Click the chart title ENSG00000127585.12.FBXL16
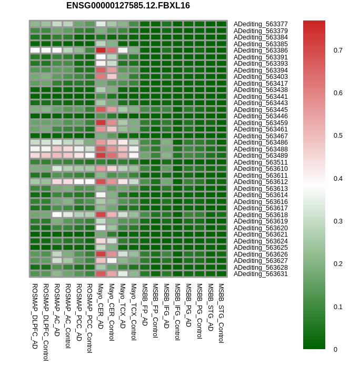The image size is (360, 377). coord(128,6)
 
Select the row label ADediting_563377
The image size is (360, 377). coord(261,24)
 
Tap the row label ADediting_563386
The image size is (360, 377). coord(261,50)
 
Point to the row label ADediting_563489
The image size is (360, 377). coord(261,156)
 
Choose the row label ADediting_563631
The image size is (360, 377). coord(261,274)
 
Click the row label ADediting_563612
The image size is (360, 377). coord(261,182)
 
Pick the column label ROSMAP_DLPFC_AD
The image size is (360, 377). coord(35,316)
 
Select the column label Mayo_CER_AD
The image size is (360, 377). coord(101,306)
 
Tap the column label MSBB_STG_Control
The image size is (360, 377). coord(221,313)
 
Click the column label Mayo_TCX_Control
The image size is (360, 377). coord(134,312)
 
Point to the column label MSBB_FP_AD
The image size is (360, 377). coord(144,304)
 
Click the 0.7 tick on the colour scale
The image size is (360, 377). coord(338,50)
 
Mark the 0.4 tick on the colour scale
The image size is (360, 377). coord(338,179)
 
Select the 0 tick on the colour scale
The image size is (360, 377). coord(335,349)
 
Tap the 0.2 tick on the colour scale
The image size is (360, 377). coord(338,264)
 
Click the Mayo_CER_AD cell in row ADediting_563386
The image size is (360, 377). coord(101,50)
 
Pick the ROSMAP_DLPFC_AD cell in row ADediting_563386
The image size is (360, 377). coord(35,50)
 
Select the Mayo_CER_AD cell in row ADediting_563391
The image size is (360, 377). coord(101,57)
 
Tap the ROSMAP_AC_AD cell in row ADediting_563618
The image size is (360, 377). coord(57,215)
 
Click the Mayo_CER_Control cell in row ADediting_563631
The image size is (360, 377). coord(112,273)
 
